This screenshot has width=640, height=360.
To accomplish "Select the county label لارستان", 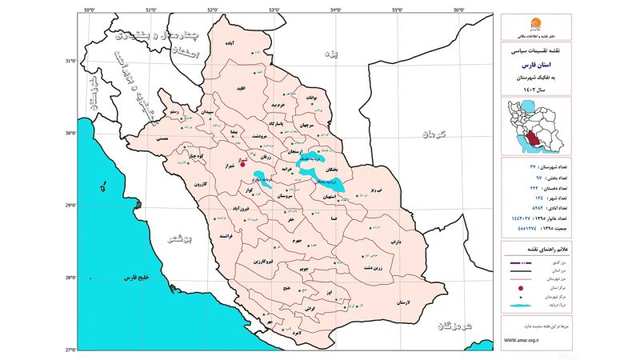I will click(x=402, y=303).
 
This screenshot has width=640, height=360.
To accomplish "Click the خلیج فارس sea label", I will click(x=138, y=277).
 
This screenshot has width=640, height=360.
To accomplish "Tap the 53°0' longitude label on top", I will click(x=274, y=10).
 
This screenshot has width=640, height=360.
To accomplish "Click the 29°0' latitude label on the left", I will click(x=71, y=206).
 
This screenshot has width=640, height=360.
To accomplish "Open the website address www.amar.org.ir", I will click(x=522, y=339).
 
